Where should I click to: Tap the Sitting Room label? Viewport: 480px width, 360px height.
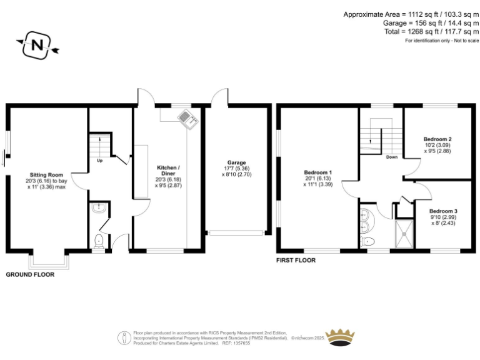47,175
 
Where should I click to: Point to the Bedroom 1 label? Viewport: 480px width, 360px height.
317,172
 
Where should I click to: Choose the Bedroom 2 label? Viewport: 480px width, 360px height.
437,139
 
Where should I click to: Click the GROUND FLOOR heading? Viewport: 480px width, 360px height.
30,274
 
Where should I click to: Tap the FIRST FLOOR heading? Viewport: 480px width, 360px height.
296,260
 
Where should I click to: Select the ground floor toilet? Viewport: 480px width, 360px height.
97,241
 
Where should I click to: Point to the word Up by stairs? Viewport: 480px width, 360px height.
99,159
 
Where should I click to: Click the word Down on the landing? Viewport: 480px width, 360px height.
392,157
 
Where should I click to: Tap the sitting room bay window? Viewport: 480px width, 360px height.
49,261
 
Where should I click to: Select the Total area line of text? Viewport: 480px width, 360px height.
432,31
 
